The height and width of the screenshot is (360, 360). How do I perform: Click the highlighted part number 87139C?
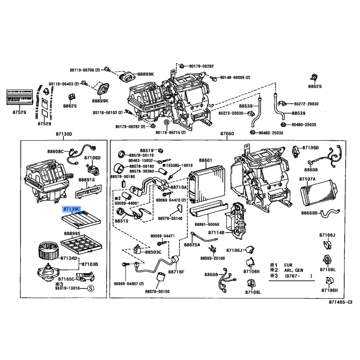(x=72, y=209)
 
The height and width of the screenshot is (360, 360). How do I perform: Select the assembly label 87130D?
(x=64, y=134)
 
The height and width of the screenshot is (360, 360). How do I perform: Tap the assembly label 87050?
(x=227, y=134)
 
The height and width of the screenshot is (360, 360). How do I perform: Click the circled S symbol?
(x=90, y=288)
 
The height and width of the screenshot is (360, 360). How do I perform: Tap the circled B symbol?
(x=166, y=122)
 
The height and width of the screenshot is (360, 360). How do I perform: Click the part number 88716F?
(x=176, y=272)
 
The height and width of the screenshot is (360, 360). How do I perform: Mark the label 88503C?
(x=153, y=252)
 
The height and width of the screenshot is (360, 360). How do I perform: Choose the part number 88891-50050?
(x=207, y=224)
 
